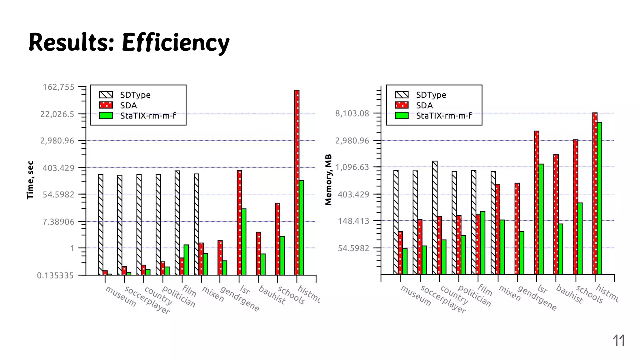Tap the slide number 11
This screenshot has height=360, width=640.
pyautogui.click(x=618, y=340)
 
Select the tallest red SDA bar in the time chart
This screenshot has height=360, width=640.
pyautogui.click(x=297, y=181)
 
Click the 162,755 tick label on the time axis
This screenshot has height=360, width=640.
pyautogui.click(x=58, y=87)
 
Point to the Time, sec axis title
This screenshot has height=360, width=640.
pyautogui.click(x=30, y=180)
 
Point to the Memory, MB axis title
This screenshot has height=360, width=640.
pyautogui.click(x=328, y=180)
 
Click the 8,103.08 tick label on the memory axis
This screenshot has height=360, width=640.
pyautogui.click(x=352, y=113)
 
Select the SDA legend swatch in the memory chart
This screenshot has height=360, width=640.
pyautogui.click(x=402, y=105)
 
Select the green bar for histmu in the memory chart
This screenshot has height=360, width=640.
pyautogui.click(x=599, y=198)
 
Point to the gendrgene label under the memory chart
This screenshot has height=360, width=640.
pyautogui.click(x=537, y=298)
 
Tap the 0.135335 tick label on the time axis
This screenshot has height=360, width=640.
pyautogui.click(x=55, y=276)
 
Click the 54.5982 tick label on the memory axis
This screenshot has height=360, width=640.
pyautogui.click(x=353, y=248)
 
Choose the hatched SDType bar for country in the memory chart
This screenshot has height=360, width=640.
pyautogui.click(x=435, y=217)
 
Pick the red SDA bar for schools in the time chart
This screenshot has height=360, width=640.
pyautogui.click(x=277, y=239)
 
